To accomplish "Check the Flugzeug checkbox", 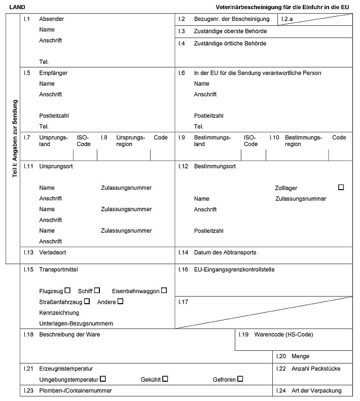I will pos(67,290).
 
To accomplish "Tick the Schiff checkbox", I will pos(97,290).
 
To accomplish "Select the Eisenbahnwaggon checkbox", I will pos(164,290).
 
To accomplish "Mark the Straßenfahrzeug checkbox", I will pos(87,301).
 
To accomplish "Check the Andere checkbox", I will pos(120,301).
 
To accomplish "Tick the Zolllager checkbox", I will pos(341,187).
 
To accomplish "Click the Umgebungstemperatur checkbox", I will pos(103,378).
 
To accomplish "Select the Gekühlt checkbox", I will pos(165,378).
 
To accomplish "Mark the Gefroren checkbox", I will pos(240,378).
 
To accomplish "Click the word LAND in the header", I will pos(17,7).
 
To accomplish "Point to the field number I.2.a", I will pos(287,19).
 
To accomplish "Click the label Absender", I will pos(51,19).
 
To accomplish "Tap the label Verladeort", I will pos(53,252).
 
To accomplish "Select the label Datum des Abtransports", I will pos(225,252).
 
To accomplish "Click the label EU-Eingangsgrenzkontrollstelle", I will pos(234,270).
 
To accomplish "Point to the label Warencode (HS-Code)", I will pos(283,335).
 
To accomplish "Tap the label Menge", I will pos(300,356).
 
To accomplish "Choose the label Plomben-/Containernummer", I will pos(76,391).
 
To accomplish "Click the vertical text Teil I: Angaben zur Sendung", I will pos(15,138).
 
